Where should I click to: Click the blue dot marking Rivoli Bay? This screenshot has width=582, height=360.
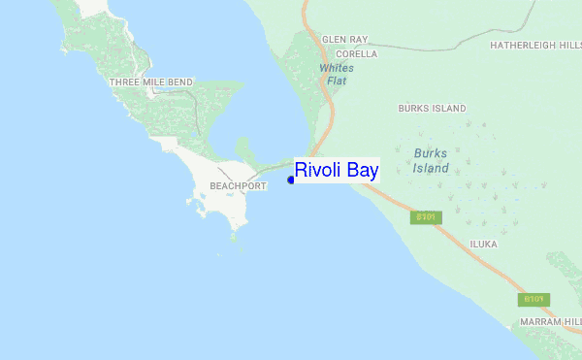click(291, 179)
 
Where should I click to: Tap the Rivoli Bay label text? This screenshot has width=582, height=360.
click(337, 170)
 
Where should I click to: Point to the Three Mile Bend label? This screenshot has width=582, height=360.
click(151, 82)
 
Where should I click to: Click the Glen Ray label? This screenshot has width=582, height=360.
click(345, 40)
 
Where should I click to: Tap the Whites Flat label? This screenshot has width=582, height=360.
click(337, 74)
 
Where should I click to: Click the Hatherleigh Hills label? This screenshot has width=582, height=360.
click(535, 45)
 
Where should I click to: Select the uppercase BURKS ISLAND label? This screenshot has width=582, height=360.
click(432, 108)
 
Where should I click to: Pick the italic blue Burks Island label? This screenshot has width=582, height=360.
click(432, 160)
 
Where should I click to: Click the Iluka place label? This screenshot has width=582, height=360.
click(483, 245)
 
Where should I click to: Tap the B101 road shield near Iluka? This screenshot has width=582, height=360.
click(427, 217)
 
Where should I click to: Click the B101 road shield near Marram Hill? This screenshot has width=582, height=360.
click(534, 300)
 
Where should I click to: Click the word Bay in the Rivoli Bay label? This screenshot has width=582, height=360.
click(362, 170)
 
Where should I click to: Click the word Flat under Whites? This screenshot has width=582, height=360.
click(337, 81)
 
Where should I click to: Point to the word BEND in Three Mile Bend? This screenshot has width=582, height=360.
click(179, 82)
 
